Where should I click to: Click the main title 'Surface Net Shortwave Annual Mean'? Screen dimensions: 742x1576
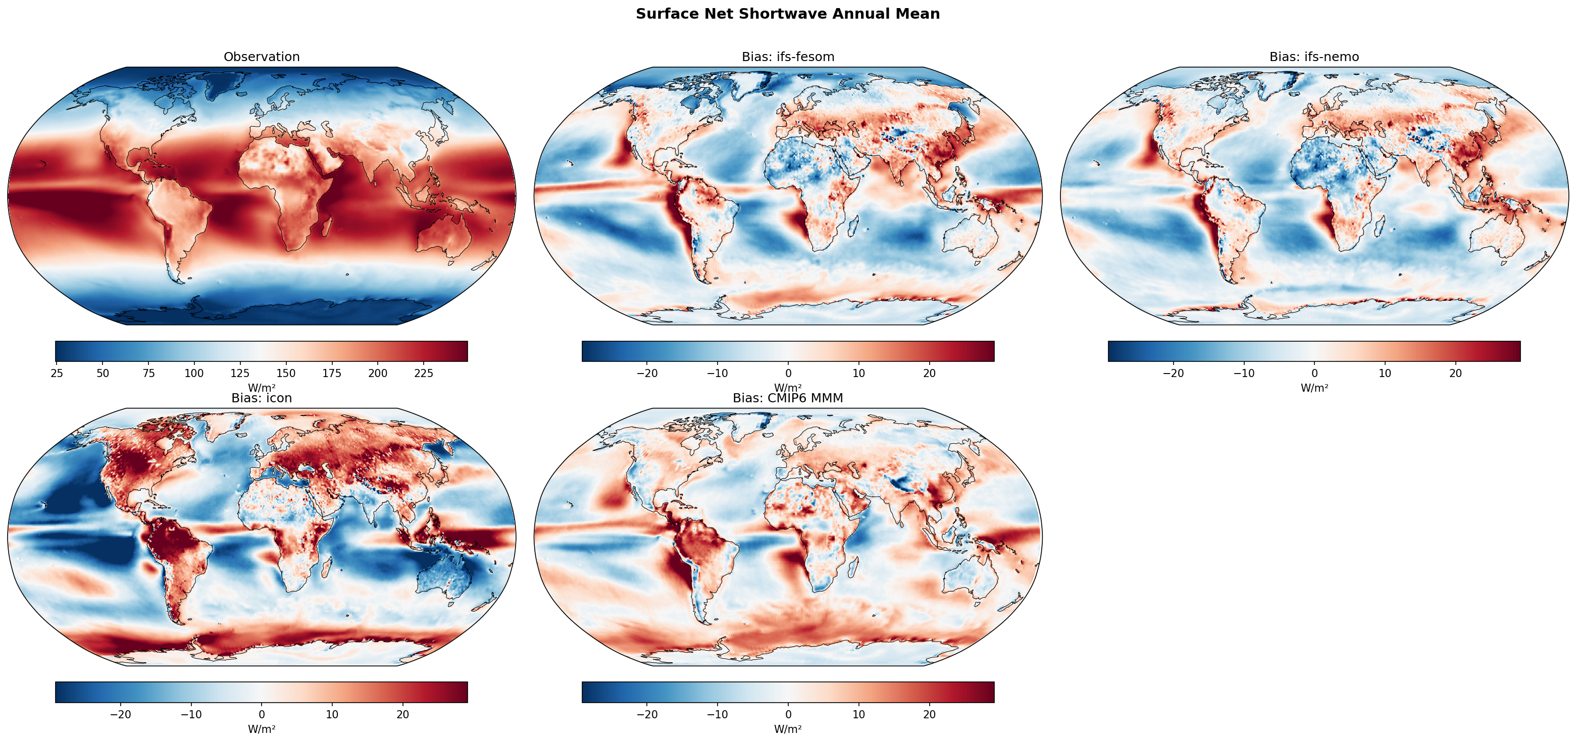pos(787,14)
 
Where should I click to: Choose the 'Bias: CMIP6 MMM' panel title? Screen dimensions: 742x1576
pos(787,398)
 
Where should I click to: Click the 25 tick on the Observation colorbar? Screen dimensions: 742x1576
pos(57,373)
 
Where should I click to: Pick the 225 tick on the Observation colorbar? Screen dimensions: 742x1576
pos(423,373)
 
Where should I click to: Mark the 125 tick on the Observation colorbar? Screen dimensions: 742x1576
pos(240,373)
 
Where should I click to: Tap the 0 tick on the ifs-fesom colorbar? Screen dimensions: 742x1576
pos(788,373)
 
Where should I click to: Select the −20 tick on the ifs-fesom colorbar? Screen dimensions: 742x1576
pos(647,373)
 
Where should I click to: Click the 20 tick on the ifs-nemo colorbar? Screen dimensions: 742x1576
pos(1455,373)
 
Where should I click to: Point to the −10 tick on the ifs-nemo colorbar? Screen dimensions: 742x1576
pos(1243,373)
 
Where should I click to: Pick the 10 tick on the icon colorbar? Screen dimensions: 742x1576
pos(332,714)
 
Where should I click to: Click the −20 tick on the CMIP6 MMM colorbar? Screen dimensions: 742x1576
pos(647,714)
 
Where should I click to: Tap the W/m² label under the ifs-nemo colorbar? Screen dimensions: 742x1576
pos(1313,388)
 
